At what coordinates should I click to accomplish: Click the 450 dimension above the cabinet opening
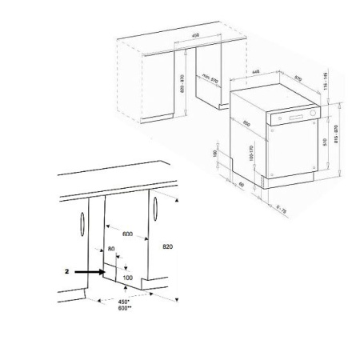pos(196,36)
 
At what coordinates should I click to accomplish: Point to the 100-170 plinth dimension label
pos(251,152)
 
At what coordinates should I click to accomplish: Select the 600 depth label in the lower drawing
pos(127,234)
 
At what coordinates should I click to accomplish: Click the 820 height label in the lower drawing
pos(168,247)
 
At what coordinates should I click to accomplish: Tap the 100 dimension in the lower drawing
pos(127,277)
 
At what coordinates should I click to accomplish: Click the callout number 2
pos(67,272)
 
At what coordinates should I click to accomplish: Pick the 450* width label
pos(124,302)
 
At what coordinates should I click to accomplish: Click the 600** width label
pos(124,308)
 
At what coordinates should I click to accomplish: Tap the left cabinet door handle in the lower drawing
pos(83,226)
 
